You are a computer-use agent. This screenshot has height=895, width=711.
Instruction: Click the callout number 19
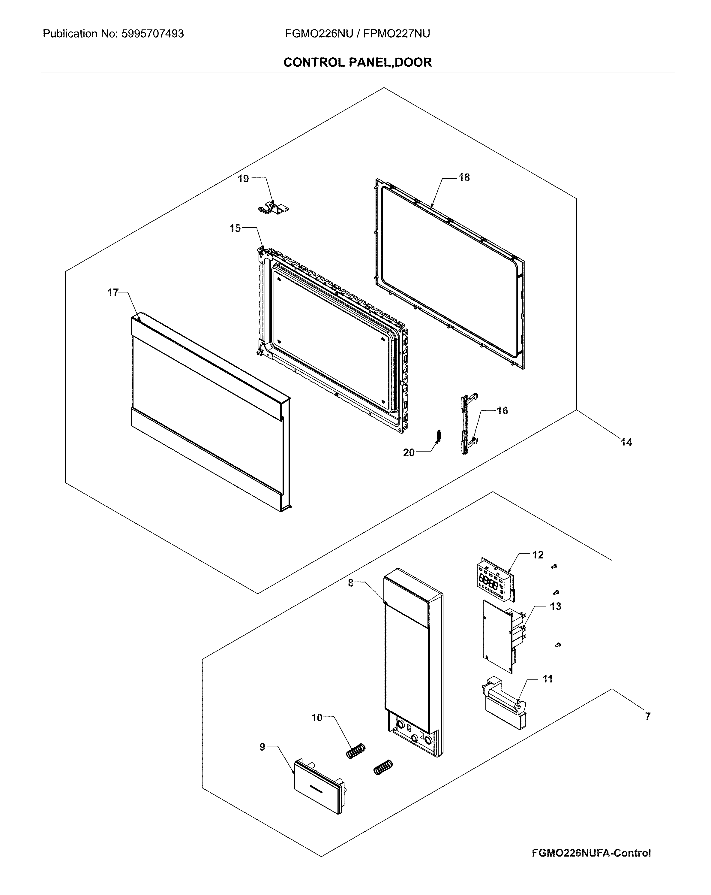(x=243, y=179)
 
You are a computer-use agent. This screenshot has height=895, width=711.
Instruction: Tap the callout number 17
(x=113, y=293)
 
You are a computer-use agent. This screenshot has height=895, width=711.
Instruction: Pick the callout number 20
(x=409, y=453)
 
